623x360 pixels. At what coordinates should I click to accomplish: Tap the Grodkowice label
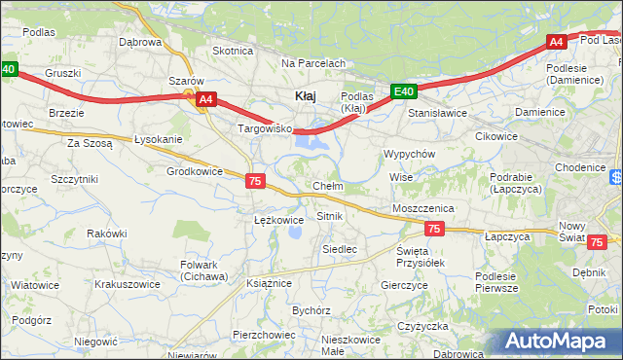[195, 171]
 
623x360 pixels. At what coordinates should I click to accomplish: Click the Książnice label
[270, 282]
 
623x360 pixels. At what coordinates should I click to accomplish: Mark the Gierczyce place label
[405, 285]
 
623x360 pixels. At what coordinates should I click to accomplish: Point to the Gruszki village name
[62, 73]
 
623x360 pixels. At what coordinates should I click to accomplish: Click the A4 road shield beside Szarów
[205, 99]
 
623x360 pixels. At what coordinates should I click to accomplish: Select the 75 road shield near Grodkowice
[255, 181]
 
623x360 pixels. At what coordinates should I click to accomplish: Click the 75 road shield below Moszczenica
[434, 229]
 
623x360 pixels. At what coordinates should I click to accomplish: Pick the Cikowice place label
[495, 136]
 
